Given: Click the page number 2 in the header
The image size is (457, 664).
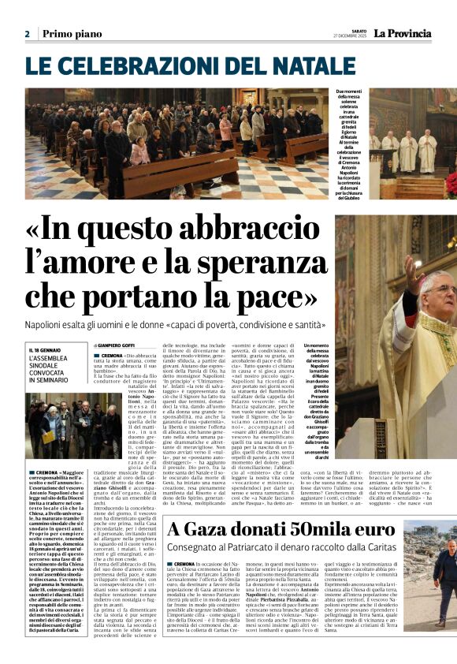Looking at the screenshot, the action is [x=27, y=34].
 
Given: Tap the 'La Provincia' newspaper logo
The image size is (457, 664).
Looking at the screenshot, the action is [x=402, y=33].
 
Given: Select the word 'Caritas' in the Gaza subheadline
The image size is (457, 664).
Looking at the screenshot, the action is [x=372, y=547].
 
